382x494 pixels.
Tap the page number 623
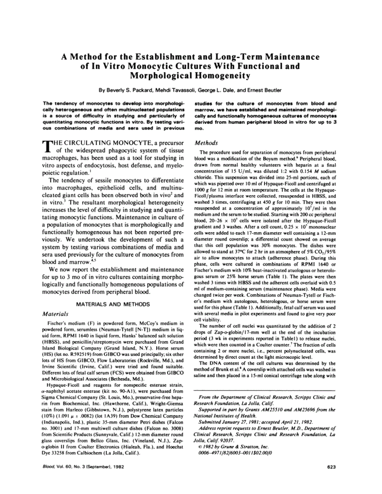click(331, 467)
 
